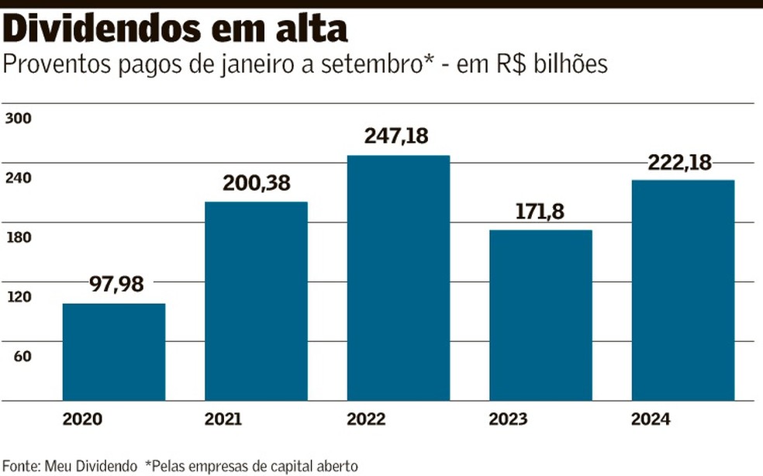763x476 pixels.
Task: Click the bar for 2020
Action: pyautogui.click(x=114, y=352)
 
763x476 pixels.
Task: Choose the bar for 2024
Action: pyautogui.click(x=682, y=290)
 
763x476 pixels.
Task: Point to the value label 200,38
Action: pyautogui.click(x=256, y=183)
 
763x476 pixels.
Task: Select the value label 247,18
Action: pyautogui.click(x=396, y=136)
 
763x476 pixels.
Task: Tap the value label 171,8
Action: pyautogui.click(x=540, y=212)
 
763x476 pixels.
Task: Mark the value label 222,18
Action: pyautogui.click(x=682, y=163)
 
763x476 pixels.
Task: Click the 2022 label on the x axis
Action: pyautogui.click(x=366, y=420)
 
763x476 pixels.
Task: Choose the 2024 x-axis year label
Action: pyautogui.click(x=651, y=420)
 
